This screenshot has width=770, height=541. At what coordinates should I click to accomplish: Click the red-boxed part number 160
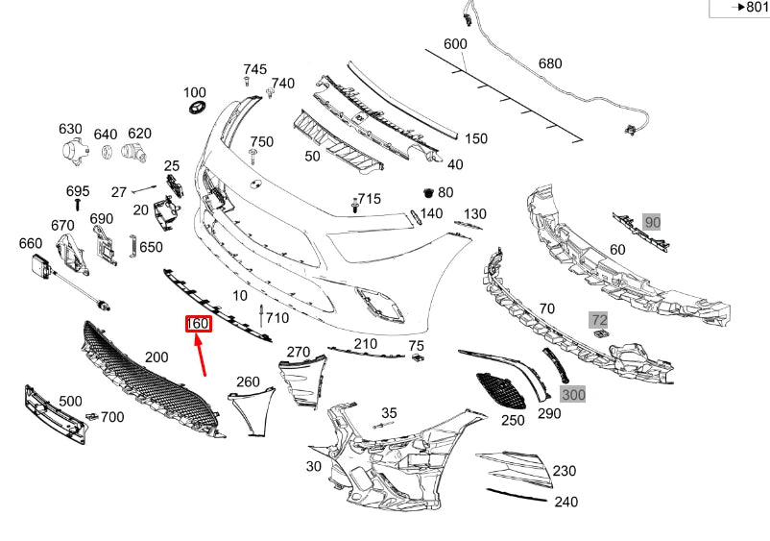point(198,324)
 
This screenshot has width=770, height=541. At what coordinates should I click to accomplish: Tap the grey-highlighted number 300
point(573,394)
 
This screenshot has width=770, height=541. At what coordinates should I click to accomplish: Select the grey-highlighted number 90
point(653,222)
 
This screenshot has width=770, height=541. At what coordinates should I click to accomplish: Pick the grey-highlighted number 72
point(598,318)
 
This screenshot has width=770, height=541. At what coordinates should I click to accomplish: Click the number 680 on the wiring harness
point(550,64)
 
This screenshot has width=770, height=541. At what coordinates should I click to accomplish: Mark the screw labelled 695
point(77,205)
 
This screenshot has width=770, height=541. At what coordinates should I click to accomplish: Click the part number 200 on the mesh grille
point(156,357)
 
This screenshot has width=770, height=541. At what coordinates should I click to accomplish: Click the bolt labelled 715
point(355,205)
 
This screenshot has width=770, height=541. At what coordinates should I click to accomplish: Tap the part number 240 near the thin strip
point(565,501)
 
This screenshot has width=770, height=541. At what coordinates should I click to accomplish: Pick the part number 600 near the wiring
point(455,44)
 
